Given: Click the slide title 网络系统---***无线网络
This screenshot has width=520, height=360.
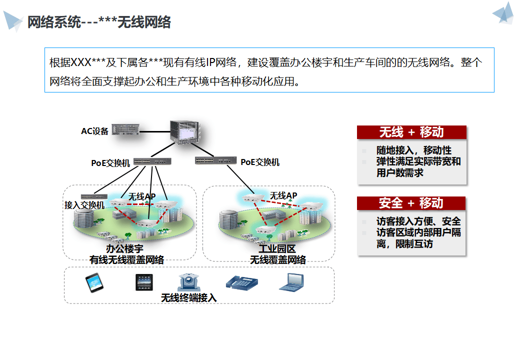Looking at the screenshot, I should point(99,22).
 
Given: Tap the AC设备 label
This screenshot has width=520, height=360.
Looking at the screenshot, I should point(94,131).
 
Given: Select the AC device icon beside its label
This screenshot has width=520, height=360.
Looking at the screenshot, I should point(125,130).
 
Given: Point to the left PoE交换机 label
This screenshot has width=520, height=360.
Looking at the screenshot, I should point(110,162).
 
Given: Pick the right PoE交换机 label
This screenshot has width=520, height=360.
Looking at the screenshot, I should point(259,162).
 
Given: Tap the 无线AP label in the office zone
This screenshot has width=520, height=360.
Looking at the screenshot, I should point(141,196).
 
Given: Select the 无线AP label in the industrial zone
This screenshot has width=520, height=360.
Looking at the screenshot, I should point(283,195).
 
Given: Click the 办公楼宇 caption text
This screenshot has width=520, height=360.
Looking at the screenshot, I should point(125,248).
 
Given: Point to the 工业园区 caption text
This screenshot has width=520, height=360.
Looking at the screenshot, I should point(277,248).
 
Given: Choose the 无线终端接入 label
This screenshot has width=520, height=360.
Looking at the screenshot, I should point(188,297).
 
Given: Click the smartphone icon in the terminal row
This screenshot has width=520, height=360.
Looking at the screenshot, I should point(94,283).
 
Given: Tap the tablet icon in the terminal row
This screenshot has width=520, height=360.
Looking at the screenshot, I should point(143,282).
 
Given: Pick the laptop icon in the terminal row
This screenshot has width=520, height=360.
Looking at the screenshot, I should point(290,282).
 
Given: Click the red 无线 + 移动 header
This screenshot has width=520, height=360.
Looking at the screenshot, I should point(411,132).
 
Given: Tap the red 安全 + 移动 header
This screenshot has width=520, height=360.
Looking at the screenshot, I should point(411,203).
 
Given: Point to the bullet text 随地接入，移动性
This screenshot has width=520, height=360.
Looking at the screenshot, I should point(413,150).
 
